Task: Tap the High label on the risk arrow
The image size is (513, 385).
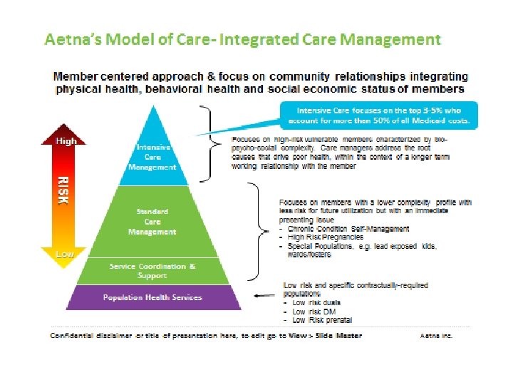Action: (x=66, y=140)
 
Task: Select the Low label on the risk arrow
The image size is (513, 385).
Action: (x=66, y=254)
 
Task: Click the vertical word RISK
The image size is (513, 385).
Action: (x=64, y=190)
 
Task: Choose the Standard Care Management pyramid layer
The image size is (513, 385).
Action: (x=151, y=222)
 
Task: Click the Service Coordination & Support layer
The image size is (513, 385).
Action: (x=152, y=271)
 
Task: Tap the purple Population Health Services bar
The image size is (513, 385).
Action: (x=152, y=297)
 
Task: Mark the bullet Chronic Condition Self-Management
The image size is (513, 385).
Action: (x=348, y=228)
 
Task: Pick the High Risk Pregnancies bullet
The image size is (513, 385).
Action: (x=325, y=237)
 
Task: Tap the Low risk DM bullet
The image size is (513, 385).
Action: (x=311, y=312)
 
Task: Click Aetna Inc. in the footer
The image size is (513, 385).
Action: (x=436, y=335)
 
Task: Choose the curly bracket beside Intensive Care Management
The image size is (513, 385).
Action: (x=209, y=143)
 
